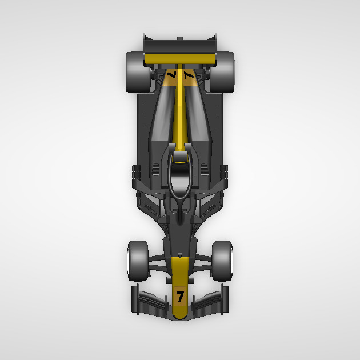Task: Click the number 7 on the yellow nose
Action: click(180, 297)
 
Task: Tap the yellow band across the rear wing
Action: click(180, 58)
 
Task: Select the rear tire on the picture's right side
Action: click(223, 72)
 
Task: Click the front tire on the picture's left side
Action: click(138, 261)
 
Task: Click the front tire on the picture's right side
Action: click(222, 261)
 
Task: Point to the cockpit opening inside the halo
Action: click(180, 181)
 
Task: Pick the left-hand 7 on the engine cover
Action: click(172, 75)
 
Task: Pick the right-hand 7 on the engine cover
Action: click(188, 75)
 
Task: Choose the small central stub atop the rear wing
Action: click(180, 38)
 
